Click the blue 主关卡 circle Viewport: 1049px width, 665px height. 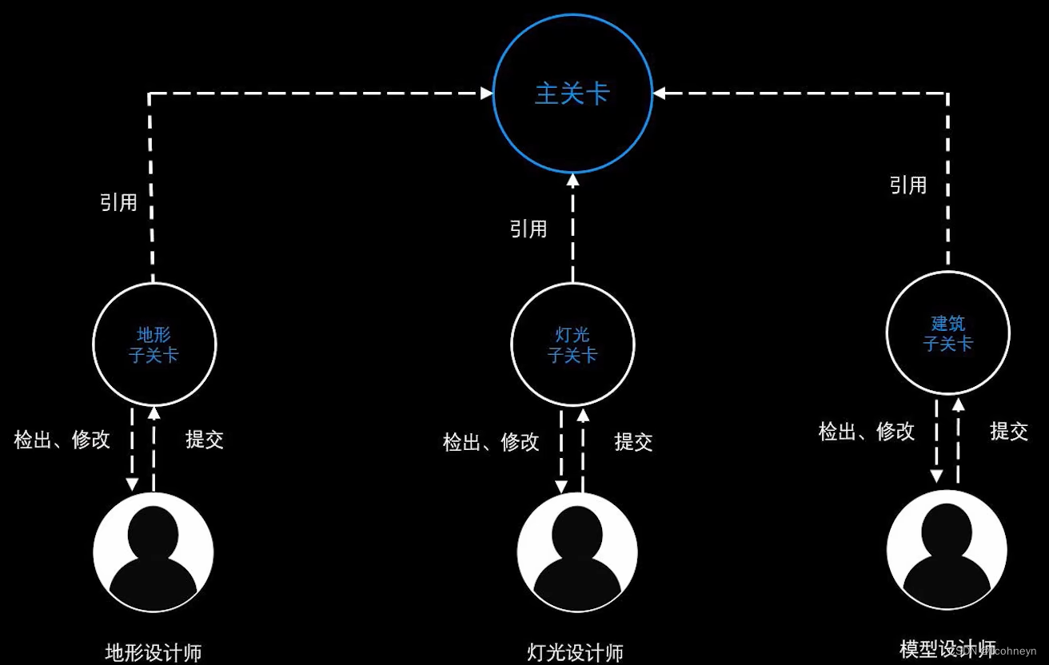coord(572,93)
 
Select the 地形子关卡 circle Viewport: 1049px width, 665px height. coord(154,344)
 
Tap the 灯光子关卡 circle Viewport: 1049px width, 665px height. coord(572,344)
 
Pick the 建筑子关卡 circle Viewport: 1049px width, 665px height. coord(947,333)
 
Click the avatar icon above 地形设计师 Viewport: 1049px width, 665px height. coord(154,552)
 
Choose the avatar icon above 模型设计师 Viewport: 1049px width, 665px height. coord(947,550)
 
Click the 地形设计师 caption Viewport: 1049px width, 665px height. coord(154,653)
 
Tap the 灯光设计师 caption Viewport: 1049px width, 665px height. coord(576,653)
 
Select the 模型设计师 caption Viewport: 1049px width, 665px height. coord(947,648)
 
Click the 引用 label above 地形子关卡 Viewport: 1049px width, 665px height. coord(118,202)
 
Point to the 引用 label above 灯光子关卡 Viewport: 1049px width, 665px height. coord(528,229)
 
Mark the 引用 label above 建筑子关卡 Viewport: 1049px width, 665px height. coord(908,185)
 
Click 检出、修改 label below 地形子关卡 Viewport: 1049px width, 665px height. coord(62,440)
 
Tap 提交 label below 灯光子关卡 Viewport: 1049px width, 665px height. coord(633,442)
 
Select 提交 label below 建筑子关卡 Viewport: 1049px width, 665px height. coord(1009,432)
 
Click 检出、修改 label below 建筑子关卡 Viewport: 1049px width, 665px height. coord(866,432)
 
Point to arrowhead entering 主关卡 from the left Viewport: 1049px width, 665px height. coord(487,94)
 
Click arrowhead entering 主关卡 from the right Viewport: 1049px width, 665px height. coord(659,94)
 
